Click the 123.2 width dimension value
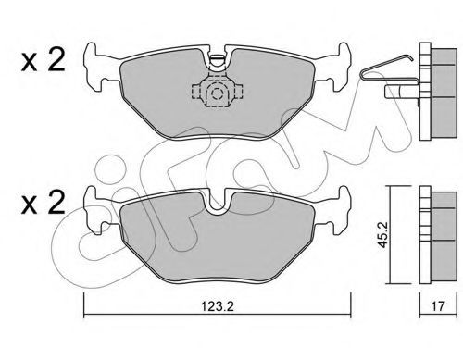point(218,306)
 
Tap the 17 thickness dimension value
point(438,306)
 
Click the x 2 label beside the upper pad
point(43,61)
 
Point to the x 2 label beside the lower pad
point(43,202)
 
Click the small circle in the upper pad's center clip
point(218,93)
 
